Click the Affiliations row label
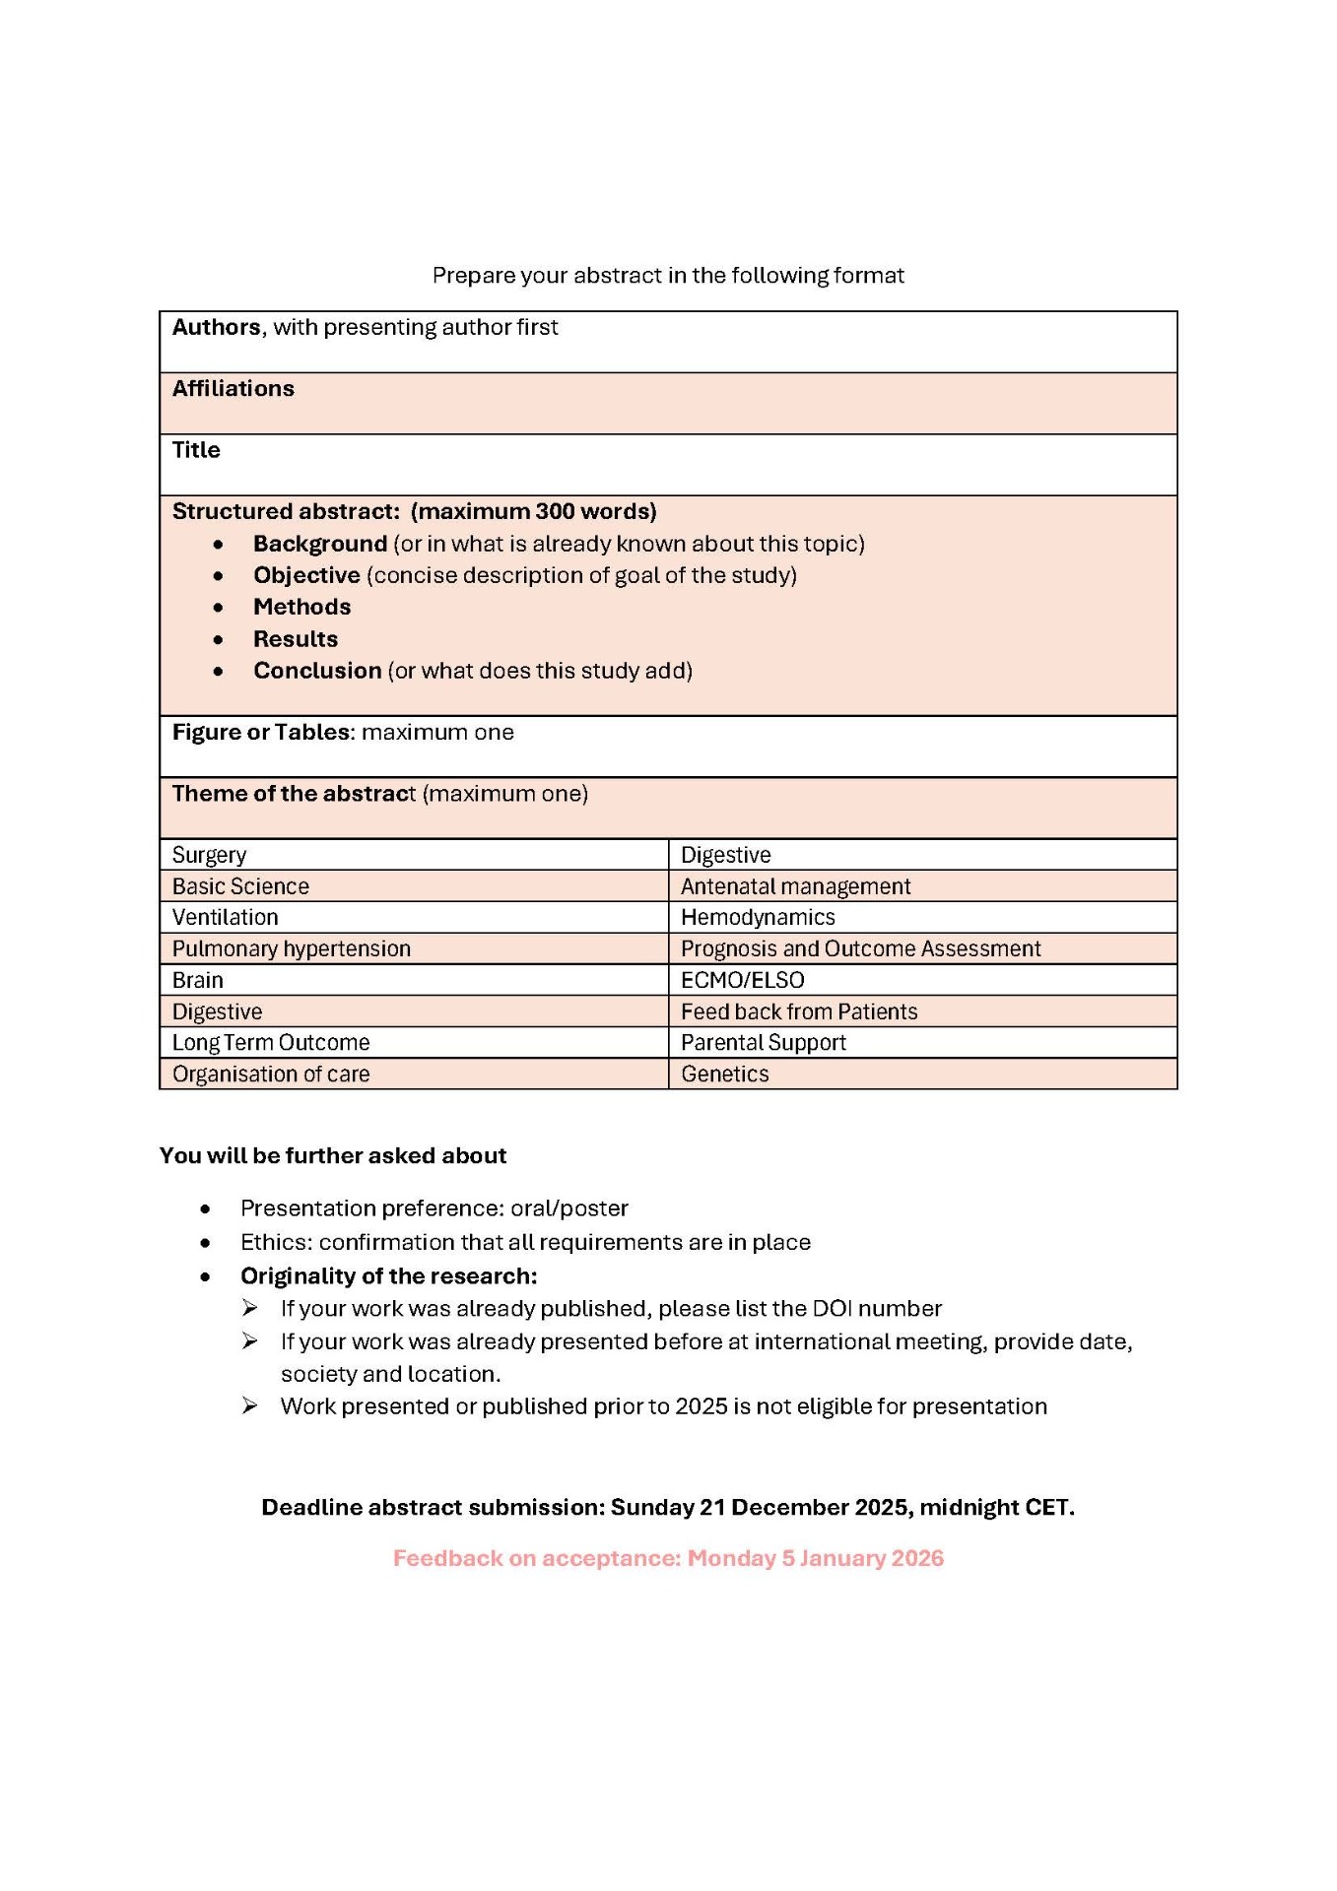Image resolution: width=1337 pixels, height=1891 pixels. click(233, 389)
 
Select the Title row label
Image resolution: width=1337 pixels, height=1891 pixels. click(196, 450)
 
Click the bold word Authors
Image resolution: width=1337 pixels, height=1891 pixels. click(217, 327)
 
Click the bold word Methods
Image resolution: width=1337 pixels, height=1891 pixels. click(301, 608)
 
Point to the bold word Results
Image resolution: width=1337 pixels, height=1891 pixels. click(296, 639)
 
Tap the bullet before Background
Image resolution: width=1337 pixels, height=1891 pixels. click(218, 545)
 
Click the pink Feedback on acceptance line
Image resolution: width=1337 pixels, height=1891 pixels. click(668, 1558)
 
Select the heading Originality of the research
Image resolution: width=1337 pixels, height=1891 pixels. click(388, 1276)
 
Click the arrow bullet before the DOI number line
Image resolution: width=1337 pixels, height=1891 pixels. click(250, 1308)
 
